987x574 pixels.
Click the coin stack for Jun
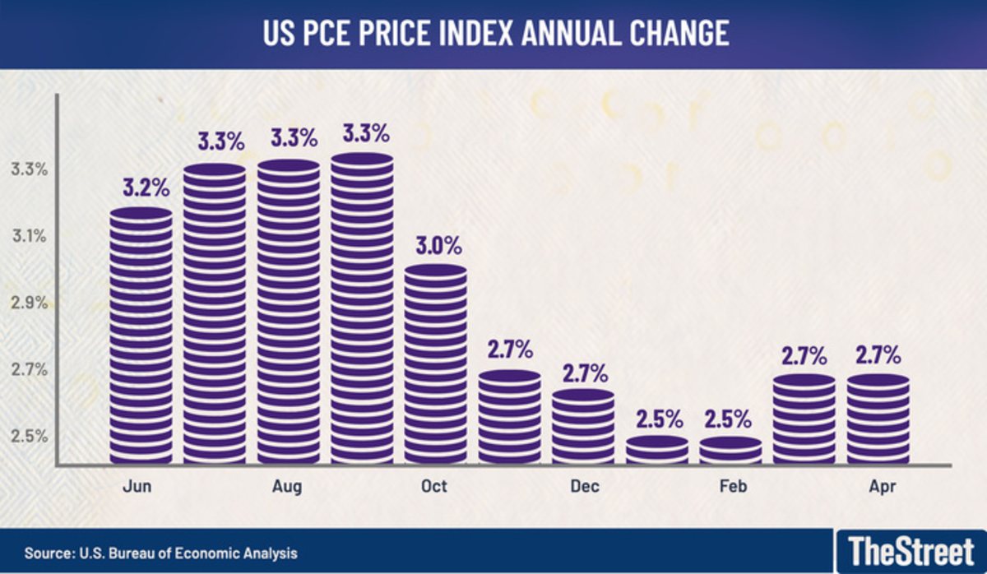141,337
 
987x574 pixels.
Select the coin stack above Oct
435,366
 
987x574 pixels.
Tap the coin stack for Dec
583,426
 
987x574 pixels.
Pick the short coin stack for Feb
730,451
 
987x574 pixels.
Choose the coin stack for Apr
878,419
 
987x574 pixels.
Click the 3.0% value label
439,245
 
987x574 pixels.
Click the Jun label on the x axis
138,487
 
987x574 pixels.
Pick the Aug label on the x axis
287,487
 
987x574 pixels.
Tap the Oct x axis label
433,487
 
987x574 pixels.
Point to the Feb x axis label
732,487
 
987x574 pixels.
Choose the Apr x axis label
882,487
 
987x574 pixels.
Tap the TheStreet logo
911,549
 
